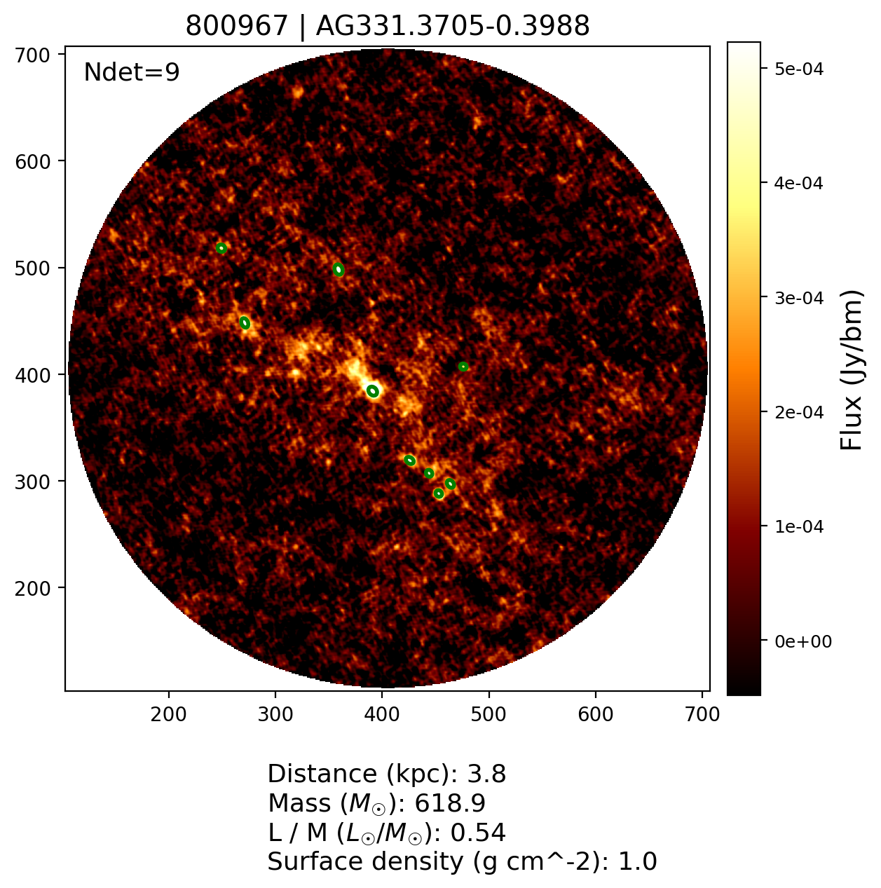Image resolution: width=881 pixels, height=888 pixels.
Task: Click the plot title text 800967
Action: click(236, 27)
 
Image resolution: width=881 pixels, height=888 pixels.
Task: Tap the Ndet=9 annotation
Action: click(132, 72)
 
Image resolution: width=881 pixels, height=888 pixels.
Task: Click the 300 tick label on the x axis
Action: click(275, 714)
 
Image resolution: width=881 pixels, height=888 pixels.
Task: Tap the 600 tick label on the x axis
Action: click(595, 714)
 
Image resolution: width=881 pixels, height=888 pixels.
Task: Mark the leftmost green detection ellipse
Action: click(221, 248)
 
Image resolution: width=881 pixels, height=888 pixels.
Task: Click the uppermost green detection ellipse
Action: click(221, 248)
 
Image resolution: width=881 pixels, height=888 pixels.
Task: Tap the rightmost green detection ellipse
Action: click(463, 367)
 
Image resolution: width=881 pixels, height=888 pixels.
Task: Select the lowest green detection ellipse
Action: click(439, 494)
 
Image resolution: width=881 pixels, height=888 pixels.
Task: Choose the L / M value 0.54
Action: click(478, 833)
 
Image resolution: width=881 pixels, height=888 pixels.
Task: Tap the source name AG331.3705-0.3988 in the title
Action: click(453, 27)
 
